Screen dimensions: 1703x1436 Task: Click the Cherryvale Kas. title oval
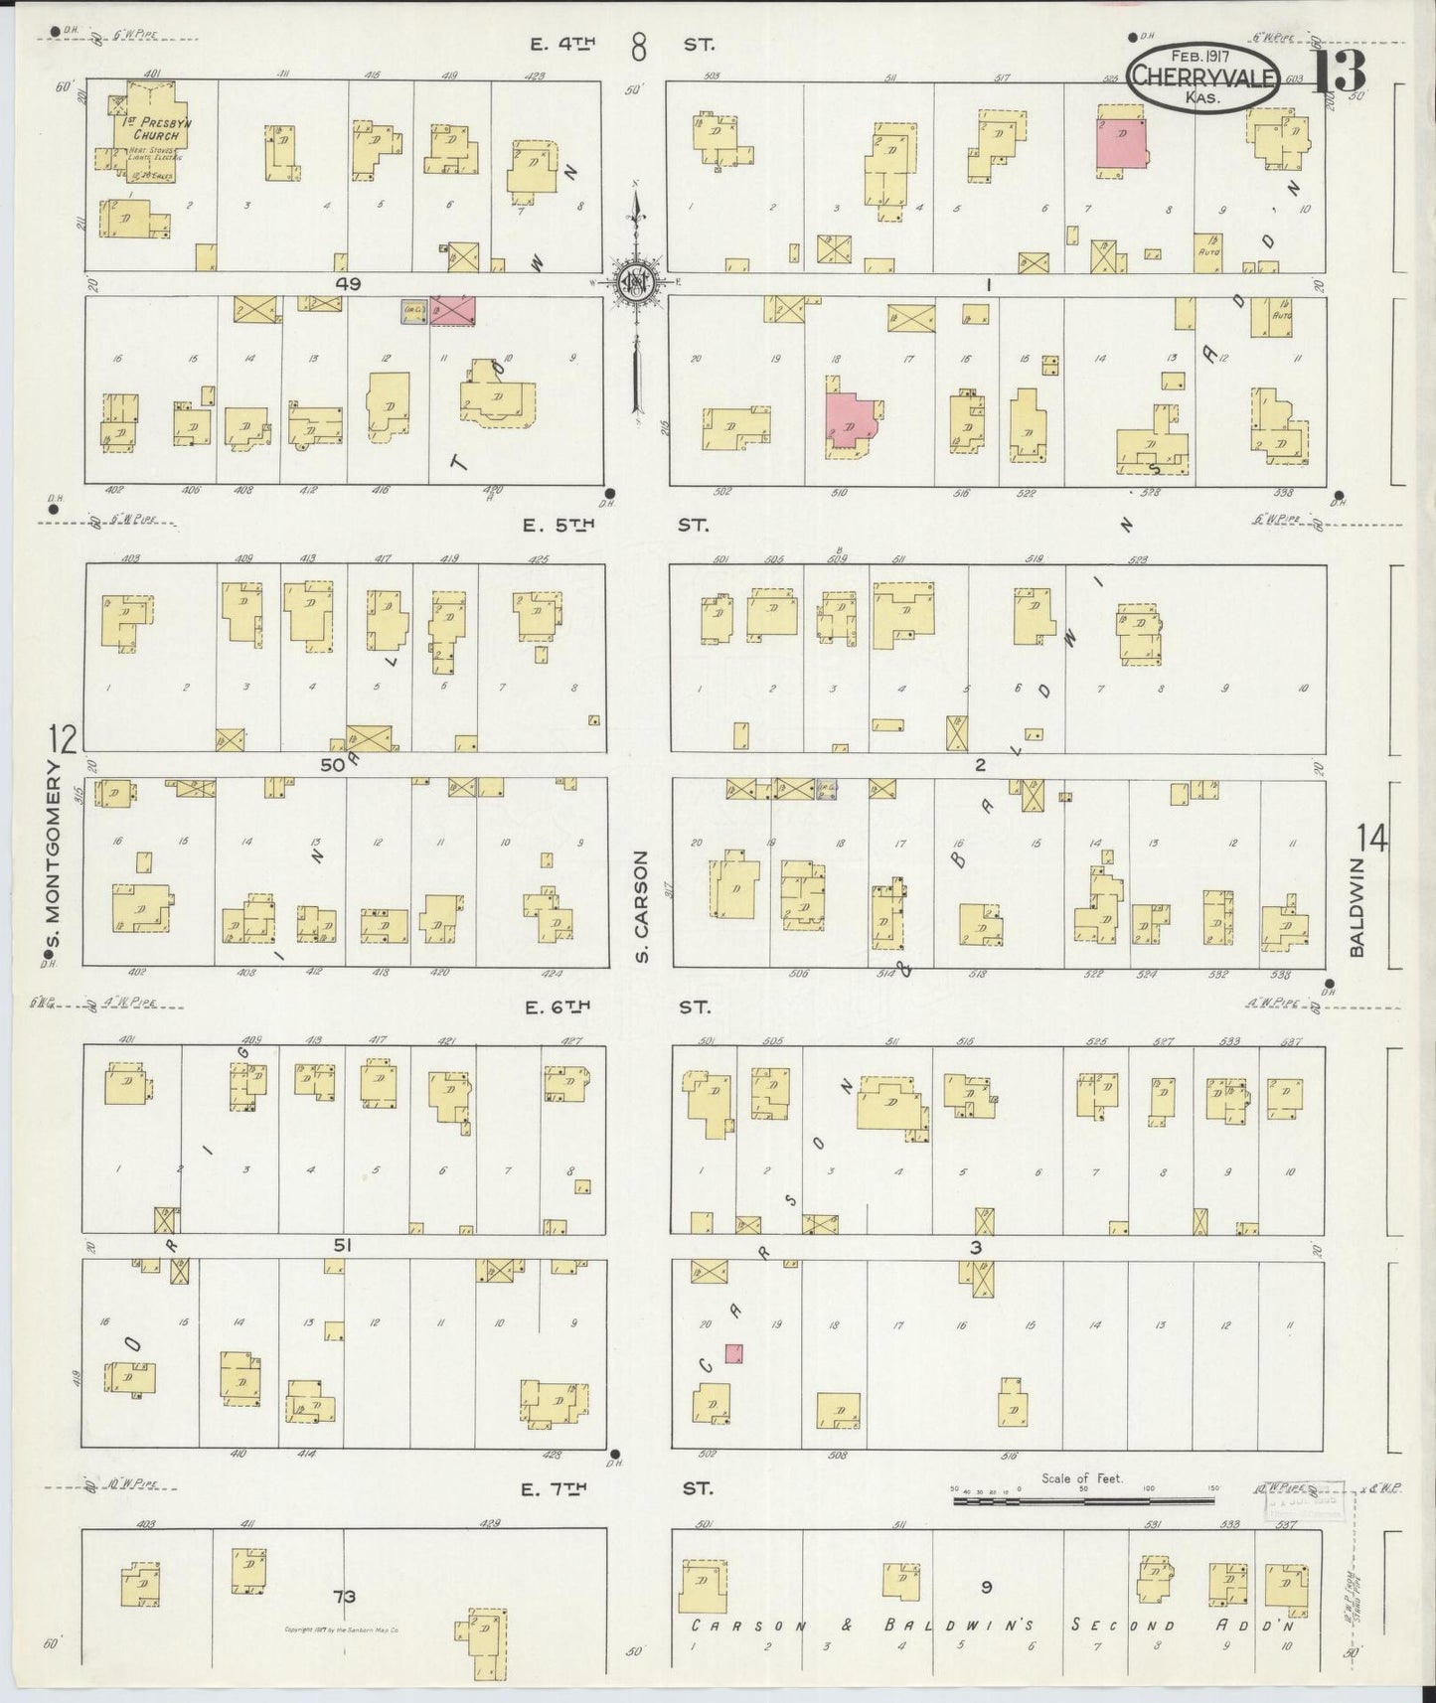[1189, 76]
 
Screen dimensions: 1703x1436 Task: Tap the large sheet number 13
[1341, 71]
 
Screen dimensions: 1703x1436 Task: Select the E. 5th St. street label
[617, 526]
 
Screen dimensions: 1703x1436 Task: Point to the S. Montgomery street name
[56, 853]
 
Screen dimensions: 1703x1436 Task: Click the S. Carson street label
[642, 906]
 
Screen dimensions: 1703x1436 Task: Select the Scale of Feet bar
[1082, 1500]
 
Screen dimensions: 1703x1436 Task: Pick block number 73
[345, 1597]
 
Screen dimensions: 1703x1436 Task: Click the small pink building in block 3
[733, 1353]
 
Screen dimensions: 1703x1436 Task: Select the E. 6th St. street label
[617, 1007]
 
